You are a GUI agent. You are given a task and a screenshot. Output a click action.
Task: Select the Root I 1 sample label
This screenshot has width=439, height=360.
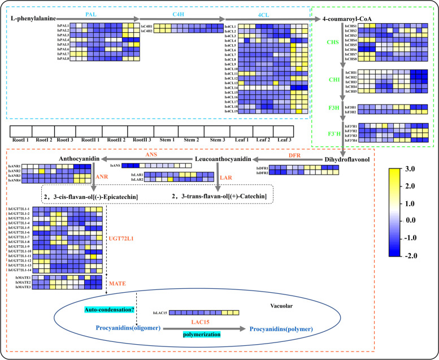[x=24, y=139]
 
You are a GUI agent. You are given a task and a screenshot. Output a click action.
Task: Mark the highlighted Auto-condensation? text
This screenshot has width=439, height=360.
[x=111, y=310]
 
